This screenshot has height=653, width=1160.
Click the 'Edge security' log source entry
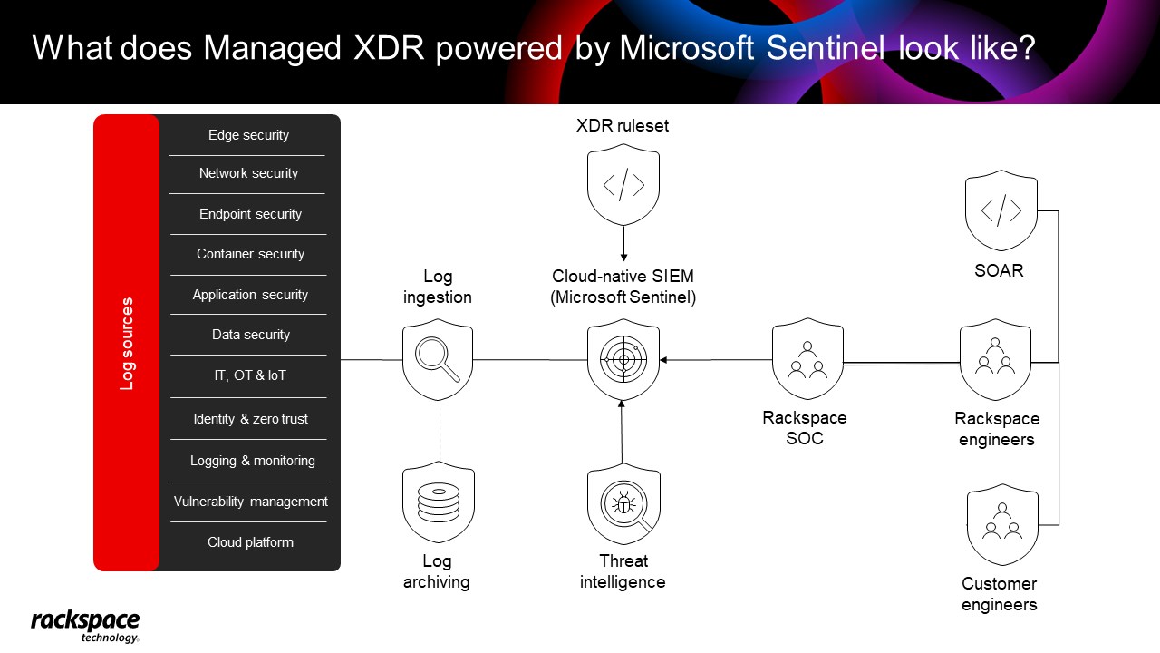pos(248,135)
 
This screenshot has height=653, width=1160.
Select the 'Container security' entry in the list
pos(250,254)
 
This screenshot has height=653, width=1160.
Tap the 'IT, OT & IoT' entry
pos(250,375)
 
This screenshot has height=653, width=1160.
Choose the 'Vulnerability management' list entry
pos(251,502)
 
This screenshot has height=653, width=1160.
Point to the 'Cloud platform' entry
pos(250,542)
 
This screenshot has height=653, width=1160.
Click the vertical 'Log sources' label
pos(127,344)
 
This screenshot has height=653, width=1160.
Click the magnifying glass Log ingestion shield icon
pos(438,360)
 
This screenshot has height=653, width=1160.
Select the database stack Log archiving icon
pos(438,502)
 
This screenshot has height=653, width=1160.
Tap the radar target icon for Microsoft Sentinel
pos(623,360)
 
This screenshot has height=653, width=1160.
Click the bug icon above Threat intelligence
pos(623,503)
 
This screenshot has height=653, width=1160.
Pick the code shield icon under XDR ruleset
pos(623,184)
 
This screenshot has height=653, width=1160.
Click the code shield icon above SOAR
pos(1001,210)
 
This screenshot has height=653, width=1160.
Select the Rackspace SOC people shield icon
pos(807,358)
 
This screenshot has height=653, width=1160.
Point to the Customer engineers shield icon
pos(1002,524)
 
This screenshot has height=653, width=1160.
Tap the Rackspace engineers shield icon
pos(995,360)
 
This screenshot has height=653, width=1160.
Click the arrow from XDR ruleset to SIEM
pos(623,244)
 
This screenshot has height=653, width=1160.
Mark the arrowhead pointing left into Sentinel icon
pos(663,360)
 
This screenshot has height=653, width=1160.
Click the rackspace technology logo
pos(85,626)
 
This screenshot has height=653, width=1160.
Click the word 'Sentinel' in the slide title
pos(826,48)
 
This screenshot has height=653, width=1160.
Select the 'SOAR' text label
pos(999,270)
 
